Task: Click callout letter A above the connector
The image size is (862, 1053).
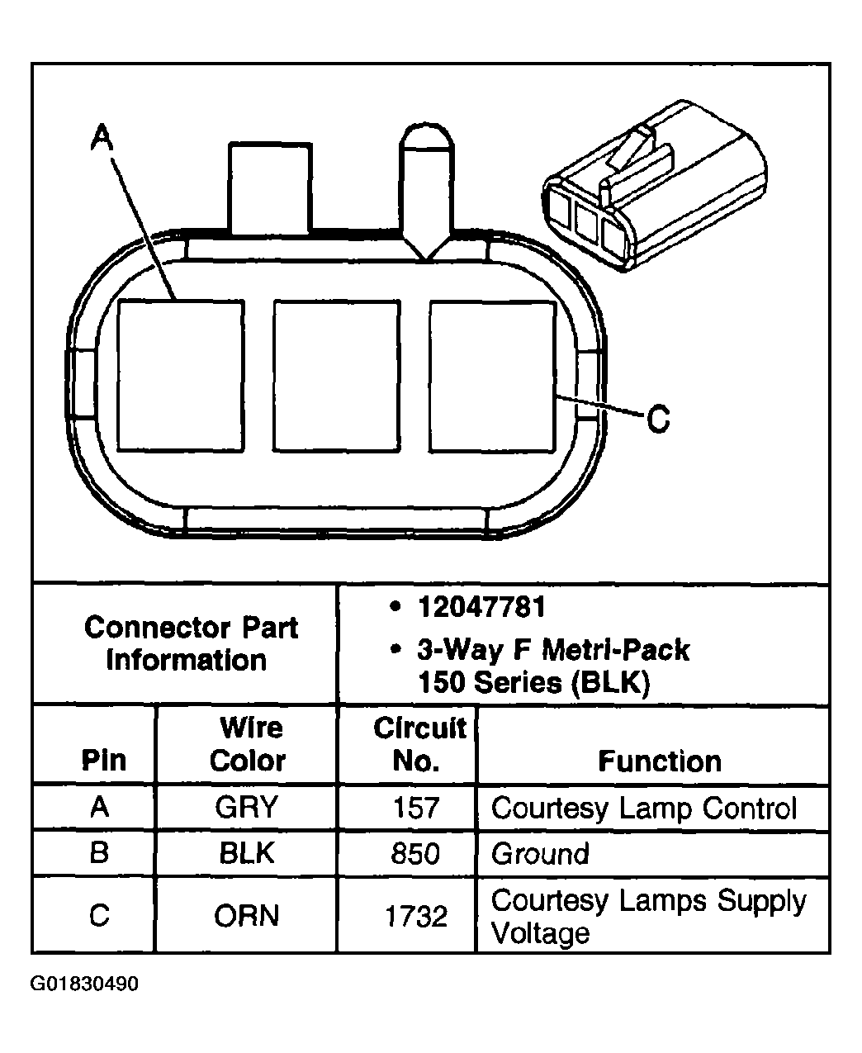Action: pos(101,136)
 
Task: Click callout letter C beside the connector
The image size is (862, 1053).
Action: pos(657,419)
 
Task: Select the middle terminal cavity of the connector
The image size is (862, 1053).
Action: pos(336,376)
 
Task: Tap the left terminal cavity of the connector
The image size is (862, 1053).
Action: pos(181,376)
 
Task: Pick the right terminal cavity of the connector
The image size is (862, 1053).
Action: pos(492,376)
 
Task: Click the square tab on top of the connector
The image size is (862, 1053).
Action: pos(270,188)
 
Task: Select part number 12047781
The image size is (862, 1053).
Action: pos(482,608)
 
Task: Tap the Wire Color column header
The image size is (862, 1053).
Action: pos(249,744)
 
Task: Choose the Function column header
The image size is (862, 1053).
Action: pos(659,761)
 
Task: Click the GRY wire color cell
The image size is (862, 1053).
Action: pos(247,807)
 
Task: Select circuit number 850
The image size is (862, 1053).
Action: pos(415,853)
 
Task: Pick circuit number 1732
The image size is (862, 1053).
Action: pos(415,916)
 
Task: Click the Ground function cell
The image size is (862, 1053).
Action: pos(540,853)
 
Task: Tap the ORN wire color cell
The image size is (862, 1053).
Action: pos(247,916)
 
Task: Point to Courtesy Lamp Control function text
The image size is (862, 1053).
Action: pos(644,808)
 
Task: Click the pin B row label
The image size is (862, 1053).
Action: pos(99,852)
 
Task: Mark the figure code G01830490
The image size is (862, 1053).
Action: pos(84,984)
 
